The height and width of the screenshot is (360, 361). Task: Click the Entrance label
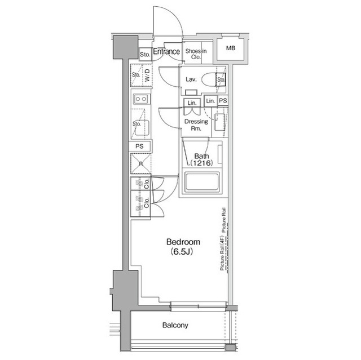point(166,52)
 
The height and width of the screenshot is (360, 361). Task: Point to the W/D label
point(147,77)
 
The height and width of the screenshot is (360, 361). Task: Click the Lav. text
point(191,79)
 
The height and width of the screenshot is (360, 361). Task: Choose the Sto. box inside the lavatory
point(221,79)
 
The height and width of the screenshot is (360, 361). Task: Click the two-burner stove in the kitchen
point(140,100)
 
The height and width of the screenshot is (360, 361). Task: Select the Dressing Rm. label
point(196,125)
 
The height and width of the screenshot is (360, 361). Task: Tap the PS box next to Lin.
point(223,101)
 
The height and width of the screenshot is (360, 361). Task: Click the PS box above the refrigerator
point(140,146)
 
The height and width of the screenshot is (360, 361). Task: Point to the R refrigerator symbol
point(140,165)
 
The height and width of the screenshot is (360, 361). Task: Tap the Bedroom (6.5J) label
point(179,246)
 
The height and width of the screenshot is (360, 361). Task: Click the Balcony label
point(175,326)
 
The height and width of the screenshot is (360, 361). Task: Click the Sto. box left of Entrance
point(144,54)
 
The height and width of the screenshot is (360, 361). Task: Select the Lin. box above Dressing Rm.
point(192,103)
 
